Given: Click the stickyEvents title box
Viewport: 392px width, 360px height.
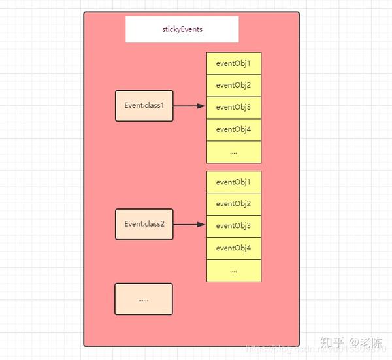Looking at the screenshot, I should click(x=182, y=29).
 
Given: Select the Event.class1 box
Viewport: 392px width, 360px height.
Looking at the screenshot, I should click(x=144, y=106).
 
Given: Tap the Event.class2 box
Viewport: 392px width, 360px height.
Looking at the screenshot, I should click(x=144, y=224).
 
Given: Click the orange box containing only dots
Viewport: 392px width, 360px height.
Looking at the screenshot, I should click(x=144, y=299).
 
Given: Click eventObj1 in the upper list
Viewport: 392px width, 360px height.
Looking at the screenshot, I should click(x=234, y=63).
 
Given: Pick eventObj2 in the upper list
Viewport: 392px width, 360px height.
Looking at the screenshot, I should click(x=234, y=85).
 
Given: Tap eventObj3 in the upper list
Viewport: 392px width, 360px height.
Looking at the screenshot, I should click(x=234, y=107).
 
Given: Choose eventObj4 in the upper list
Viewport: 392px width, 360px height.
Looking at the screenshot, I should click(x=234, y=129).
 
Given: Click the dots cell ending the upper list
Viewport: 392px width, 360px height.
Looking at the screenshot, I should click(x=234, y=152).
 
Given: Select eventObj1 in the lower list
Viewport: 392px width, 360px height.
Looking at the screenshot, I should click(x=234, y=182).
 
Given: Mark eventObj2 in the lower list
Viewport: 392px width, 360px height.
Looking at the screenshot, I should click(x=234, y=204).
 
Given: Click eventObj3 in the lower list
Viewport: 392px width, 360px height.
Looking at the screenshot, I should click(x=234, y=226).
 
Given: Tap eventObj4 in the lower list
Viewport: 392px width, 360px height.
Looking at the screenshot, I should click(x=234, y=248).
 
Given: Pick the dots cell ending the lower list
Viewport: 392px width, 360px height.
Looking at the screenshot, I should click(x=234, y=270).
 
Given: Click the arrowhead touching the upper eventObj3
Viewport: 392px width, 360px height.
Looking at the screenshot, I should click(x=202, y=106).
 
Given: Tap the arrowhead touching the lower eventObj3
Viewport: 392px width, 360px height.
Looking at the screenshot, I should click(x=202, y=225).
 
